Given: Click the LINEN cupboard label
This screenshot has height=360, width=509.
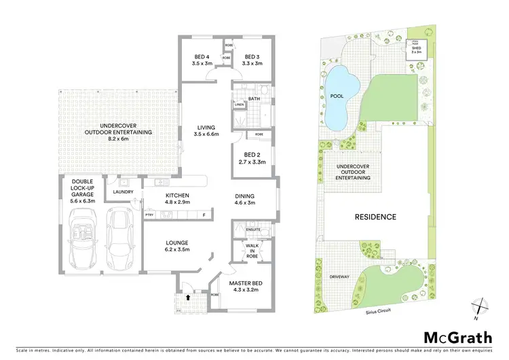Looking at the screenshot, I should click(x=239, y=105).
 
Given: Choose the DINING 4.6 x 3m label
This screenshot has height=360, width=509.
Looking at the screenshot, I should click(x=244, y=198).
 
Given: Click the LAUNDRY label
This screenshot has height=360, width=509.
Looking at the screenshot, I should click(x=123, y=192).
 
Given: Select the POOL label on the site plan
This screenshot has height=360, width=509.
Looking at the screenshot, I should click(x=337, y=96).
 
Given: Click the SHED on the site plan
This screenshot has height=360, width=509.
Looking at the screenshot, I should click(x=413, y=49).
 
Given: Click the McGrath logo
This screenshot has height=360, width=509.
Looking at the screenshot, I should click(x=459, y=337).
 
